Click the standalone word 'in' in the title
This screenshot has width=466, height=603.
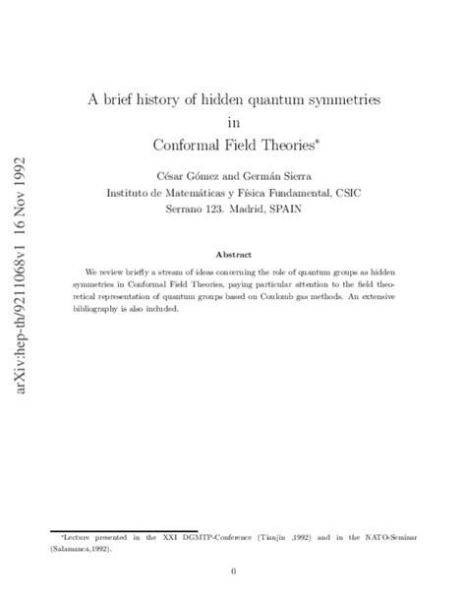tap(233, 122)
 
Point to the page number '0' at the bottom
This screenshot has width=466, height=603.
tap(233, 571)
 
